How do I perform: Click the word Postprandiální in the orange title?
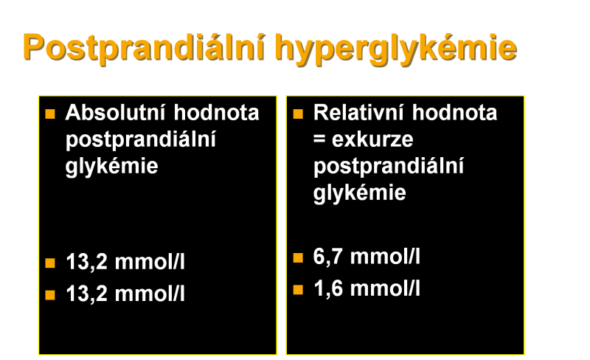pyautogui.click(x=145, y=47)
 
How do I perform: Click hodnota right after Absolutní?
pyautogui.click(x=216, y=112)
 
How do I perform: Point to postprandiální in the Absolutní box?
pyautogui.click(x=141, y=140)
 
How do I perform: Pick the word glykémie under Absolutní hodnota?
pyautogui.click(x=112, y=167)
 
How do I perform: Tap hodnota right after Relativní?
pyautogui.click(x=454, y=112)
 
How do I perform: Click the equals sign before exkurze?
pyautogui.click(x=319, y=139)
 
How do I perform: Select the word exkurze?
pyautogui.click(x=372, y=139)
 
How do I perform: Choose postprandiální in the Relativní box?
pyautogui.click(x=389, y=167)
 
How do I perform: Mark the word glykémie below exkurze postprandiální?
pyautogui.click(x=360, y=193)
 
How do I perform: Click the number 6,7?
pyautogui.click(x=327, y=257)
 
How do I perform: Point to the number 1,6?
pyautogui.click(x=327, y=289)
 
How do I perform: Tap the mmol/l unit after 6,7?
pyautogui.click(x=385, y=257)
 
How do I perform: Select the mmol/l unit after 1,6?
pyautogui.click(x=385, y=289)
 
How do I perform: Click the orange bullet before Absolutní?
pyautogui.click(x=50, y=114)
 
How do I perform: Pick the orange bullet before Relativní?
pyautogui.click(x=298, y=114)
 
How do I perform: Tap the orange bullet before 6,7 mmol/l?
pyautogui.click(x=298, y=257)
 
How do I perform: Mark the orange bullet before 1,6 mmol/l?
pyautogui.click(x=298, y=290)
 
